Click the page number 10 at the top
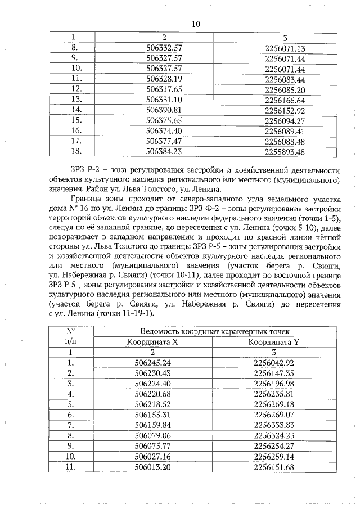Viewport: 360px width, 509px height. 196,24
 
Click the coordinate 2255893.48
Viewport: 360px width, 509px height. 284,151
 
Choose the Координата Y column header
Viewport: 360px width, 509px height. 284,341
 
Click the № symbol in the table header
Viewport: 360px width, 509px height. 70,331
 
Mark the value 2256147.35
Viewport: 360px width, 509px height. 284,373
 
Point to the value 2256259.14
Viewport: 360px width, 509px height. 284,456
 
